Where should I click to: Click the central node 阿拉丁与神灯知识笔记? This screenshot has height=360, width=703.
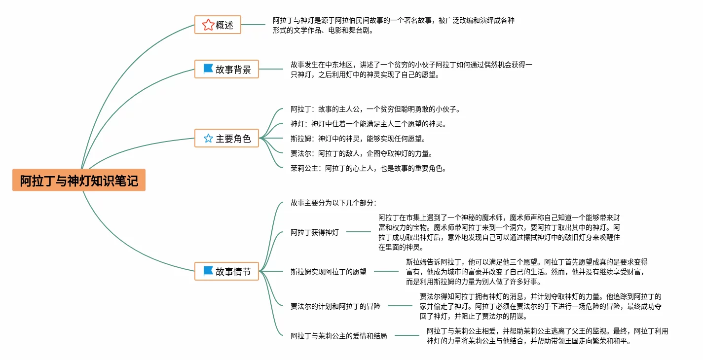79,180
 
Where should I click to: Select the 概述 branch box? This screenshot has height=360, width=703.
218,25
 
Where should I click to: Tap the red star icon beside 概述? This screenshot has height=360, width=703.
208,25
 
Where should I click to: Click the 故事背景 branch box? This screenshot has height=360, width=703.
226,69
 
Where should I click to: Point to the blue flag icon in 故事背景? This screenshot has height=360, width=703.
208,69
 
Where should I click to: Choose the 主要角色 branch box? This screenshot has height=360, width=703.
226,138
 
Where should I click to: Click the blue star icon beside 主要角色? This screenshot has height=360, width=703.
208,138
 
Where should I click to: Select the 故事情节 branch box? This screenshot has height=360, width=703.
226,271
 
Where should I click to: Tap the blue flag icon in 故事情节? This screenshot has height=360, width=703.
208,271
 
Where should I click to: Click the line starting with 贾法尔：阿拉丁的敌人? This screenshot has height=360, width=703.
362,154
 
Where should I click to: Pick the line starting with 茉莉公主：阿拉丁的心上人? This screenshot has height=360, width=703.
369,168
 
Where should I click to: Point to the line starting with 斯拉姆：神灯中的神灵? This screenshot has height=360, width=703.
358,139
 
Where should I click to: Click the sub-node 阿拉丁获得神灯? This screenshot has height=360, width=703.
314,232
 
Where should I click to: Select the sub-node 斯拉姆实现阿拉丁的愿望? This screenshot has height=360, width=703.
328,272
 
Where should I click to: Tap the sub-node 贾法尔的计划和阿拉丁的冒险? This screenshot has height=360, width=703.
335,306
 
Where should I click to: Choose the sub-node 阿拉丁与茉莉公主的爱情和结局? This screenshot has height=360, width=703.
338,336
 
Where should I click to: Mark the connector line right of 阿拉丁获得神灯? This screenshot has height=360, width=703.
359,232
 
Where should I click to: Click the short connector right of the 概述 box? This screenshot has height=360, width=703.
253,25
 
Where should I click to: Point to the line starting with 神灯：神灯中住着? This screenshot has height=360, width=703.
369,124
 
